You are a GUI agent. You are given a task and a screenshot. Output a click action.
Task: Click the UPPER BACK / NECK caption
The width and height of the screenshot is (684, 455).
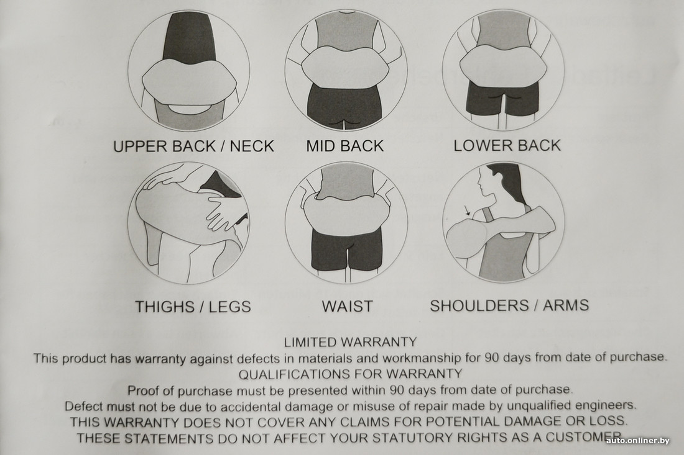tap(193, 146)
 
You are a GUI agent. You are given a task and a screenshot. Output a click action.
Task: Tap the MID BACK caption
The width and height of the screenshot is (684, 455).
tap(344, 146)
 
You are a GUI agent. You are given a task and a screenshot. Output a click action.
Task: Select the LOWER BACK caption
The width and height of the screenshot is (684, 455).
tap(507, 145)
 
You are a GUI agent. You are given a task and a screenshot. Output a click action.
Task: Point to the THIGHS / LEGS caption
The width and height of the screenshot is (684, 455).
tap(193, 307)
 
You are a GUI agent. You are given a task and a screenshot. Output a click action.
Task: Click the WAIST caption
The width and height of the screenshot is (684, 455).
tap(347, 306)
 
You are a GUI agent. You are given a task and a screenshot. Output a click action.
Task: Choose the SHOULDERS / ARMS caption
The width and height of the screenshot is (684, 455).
tap(509, 305)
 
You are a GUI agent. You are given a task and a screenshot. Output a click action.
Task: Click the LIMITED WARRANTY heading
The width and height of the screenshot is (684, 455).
tap(350, 342)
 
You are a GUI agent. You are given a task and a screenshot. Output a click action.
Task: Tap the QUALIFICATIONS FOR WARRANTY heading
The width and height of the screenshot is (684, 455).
tap(350, 374)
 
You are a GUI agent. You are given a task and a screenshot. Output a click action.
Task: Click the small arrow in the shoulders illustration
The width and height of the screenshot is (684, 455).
tap(467, 210)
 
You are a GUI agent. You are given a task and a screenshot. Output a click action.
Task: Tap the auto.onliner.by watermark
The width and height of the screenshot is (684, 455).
tap(637, 441)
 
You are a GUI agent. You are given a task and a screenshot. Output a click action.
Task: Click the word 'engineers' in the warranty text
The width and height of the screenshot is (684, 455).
tap(606, 405)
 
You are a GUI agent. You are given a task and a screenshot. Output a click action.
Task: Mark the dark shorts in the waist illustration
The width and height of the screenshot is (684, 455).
tap(347, 249)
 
